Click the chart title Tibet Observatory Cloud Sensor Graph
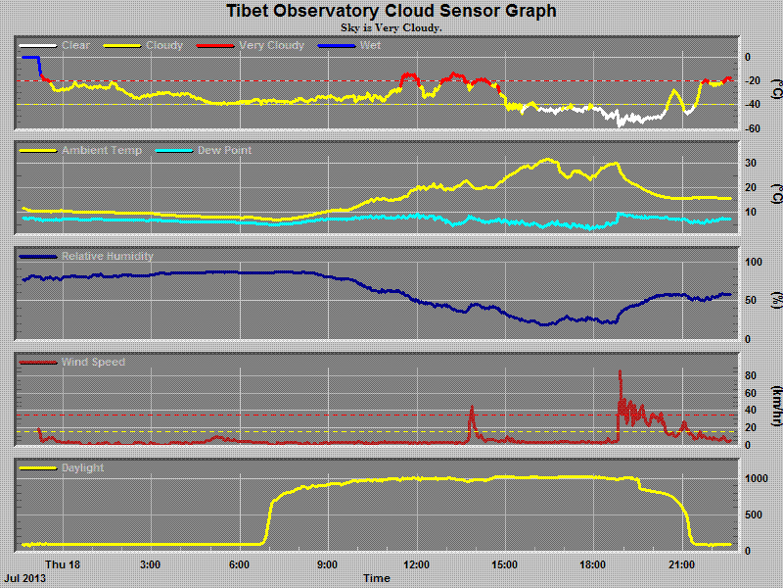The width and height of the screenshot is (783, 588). (391, 11)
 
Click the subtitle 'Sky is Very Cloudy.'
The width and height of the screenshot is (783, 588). (391, 27)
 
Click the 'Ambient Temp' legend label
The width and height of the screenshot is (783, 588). (101, 151)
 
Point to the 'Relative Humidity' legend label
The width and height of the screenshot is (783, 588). (108, 257)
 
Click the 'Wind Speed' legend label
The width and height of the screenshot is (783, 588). (93, 363)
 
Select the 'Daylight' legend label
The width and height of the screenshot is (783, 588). (82, 468)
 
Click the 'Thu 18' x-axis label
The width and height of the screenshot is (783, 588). (63, 564)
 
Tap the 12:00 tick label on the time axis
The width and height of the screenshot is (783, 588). (417, 564)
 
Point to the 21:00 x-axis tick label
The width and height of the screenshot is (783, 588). (681, 564)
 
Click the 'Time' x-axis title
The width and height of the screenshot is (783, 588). (377, 578)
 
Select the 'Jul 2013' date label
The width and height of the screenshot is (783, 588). (24, 578)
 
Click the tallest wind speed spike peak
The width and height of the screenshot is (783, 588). (620, 371)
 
